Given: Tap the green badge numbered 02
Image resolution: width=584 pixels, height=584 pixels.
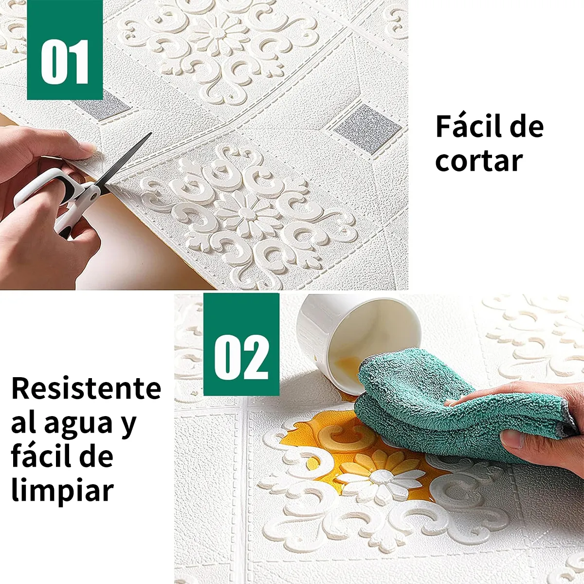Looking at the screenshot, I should click(241, 345).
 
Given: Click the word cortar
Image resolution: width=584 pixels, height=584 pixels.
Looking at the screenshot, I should click(479, 162).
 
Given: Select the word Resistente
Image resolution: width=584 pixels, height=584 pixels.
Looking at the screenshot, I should click(86, 388).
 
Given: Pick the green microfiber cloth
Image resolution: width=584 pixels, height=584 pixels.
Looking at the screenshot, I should click(438, 404).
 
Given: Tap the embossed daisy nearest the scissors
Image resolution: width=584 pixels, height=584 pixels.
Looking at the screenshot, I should click(242, 213).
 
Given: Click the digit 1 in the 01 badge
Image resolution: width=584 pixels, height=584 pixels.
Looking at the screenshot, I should click(78, 62).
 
